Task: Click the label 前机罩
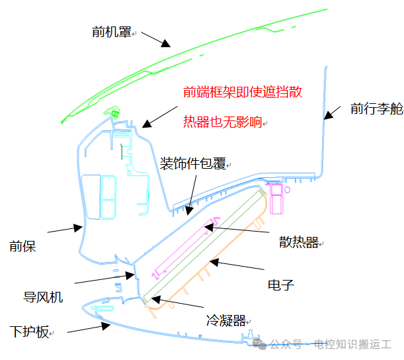pyautogui.click(x=112, y=32)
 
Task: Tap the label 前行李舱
pyautogui.click(x=377, y=109)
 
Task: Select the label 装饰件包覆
pyautogui.click(x=193, y=163)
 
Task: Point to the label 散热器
pyautogui.click(x=299, y=242)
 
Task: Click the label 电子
pyautogui.click(x=281, y=285)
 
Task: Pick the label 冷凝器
pyautogui.click(x=226, y=320)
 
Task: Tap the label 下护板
pyautogui.click(x=29, y=332)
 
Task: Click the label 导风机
pyautogui.click(x=43, y=297)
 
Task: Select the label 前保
pyautogui.click(x=22, y=246)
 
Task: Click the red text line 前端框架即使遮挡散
pyautogui.click(x=243, y=92)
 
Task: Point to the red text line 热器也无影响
pyautogui.click(x=223, y=122)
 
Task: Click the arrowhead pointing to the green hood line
pyautogui.click(x=166, y=43)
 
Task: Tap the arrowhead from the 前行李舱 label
pyautogui.click(x=329, y=115)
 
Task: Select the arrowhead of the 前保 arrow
pyautogui.click(x=78, y=228)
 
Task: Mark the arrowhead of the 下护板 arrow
pyautogui.click(x=106, y=326)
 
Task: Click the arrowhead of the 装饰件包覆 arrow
pyautogui.click(x=189, y=210)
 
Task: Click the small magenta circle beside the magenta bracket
pyautogui.click(x=287, y=190)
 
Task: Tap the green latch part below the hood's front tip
pyautogui.click(x=112, y=111)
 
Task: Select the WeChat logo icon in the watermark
pyautogui.click(x=259, y=344)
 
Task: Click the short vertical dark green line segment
pyautogui.click(x=122, y=152)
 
